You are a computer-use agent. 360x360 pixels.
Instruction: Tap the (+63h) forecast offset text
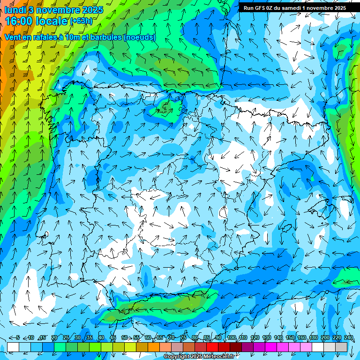point(81,21)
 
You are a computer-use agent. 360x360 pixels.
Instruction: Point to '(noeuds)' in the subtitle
point(139,37)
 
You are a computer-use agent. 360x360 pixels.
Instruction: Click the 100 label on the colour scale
point(231,338)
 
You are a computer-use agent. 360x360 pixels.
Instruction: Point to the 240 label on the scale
point(348,338)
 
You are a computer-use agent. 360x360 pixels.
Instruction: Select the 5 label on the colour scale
point(18,338)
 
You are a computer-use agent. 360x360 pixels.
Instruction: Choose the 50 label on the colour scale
point(125,338)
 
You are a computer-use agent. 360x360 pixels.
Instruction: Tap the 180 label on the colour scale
point(314,338)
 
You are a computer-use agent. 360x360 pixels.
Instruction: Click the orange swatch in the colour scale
point(142,347)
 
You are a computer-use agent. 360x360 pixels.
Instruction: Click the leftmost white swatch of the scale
point(13,347)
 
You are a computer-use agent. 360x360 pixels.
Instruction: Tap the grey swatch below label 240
point(341,347)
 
